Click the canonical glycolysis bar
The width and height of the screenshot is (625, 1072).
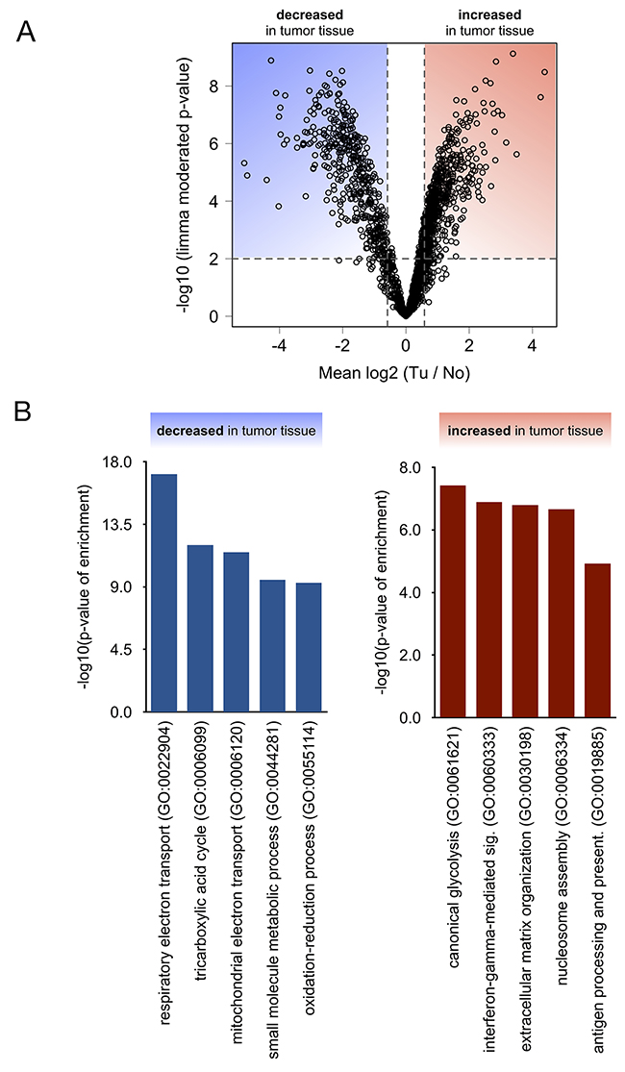click(453, 601)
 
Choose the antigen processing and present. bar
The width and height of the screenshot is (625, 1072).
click(597, 640)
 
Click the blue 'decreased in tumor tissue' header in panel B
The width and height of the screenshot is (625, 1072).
click(236, 430)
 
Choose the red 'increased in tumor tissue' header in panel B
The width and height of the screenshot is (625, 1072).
click(524, 430)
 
